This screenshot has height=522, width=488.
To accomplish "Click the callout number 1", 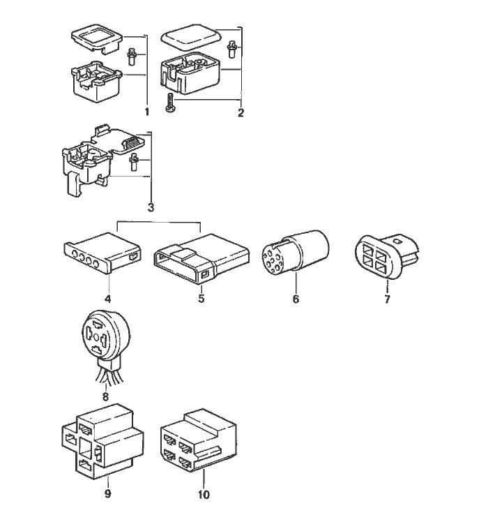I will tap(147, 111).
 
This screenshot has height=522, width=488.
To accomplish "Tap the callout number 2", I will tap(241, 112).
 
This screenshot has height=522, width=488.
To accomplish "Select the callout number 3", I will tap(150, 207).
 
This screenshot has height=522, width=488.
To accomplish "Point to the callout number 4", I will tap(108, 299).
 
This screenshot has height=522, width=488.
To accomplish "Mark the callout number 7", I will tap(387, 300).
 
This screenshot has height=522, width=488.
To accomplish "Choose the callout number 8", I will tap(106, 396).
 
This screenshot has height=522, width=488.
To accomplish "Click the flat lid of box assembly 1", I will tap(98, 40).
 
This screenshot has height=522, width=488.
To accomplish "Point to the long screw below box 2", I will tap(169, 102).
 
